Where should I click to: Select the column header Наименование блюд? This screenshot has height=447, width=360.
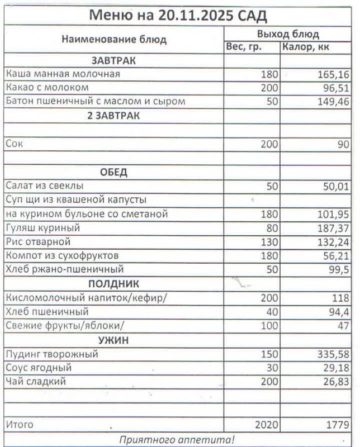pos(114,40)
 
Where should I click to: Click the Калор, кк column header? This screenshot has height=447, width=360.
pos(306,46)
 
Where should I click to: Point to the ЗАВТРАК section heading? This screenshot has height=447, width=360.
pos(114,60)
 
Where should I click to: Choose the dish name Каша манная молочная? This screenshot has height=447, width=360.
pos(63,74)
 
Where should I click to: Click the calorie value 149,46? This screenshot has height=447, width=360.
pos(330,102)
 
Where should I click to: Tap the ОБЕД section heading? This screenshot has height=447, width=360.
pos(114,172)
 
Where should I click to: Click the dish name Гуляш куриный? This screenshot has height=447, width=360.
pos(43,228)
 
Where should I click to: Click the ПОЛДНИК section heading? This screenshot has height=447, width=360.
pos(114,284)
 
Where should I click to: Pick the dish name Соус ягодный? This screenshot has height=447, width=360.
pos(38,368)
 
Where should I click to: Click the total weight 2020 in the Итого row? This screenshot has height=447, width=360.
pos(266,425)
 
